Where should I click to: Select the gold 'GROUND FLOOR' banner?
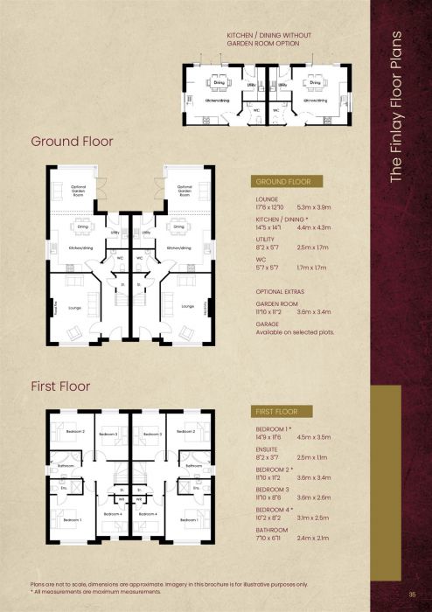coord(285,182)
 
